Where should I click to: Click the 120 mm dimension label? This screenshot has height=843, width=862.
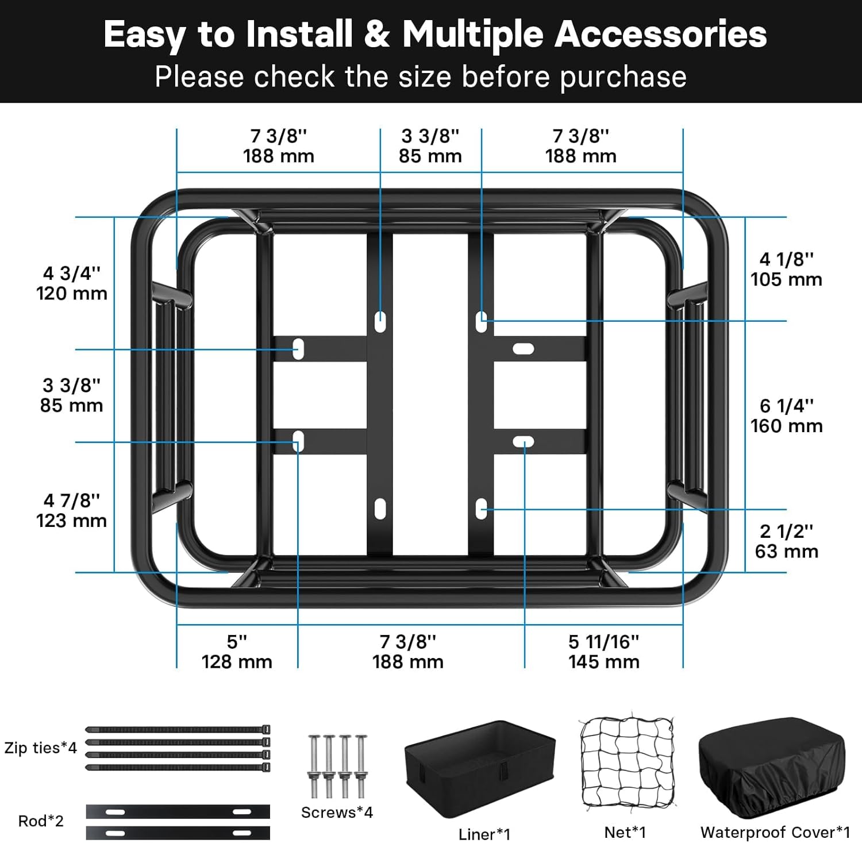tap(72, 294)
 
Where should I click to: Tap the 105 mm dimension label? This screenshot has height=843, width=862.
tap(786, 280)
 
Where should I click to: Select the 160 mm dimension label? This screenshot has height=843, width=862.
tap(786, 426)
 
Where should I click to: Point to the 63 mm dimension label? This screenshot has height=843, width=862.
tap(786, 552)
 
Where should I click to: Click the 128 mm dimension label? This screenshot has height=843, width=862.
tap(237, 662)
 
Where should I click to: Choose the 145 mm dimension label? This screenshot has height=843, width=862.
tap(604, 662)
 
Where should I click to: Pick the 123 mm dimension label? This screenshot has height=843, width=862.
tap(72, 521)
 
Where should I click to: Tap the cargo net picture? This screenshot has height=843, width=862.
tap(626, 760)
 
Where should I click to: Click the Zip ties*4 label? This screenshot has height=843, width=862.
tap(40, 748)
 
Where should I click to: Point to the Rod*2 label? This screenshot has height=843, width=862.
tap(41, 821)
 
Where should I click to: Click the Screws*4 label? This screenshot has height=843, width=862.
tap(337, 813)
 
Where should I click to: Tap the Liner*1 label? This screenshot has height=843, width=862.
tap(484, 834)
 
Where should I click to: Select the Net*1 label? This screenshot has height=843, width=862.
tap(625, 833)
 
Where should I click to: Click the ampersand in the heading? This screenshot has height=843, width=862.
tap(377, 34)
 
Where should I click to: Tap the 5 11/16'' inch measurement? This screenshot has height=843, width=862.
tap(604, 642)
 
